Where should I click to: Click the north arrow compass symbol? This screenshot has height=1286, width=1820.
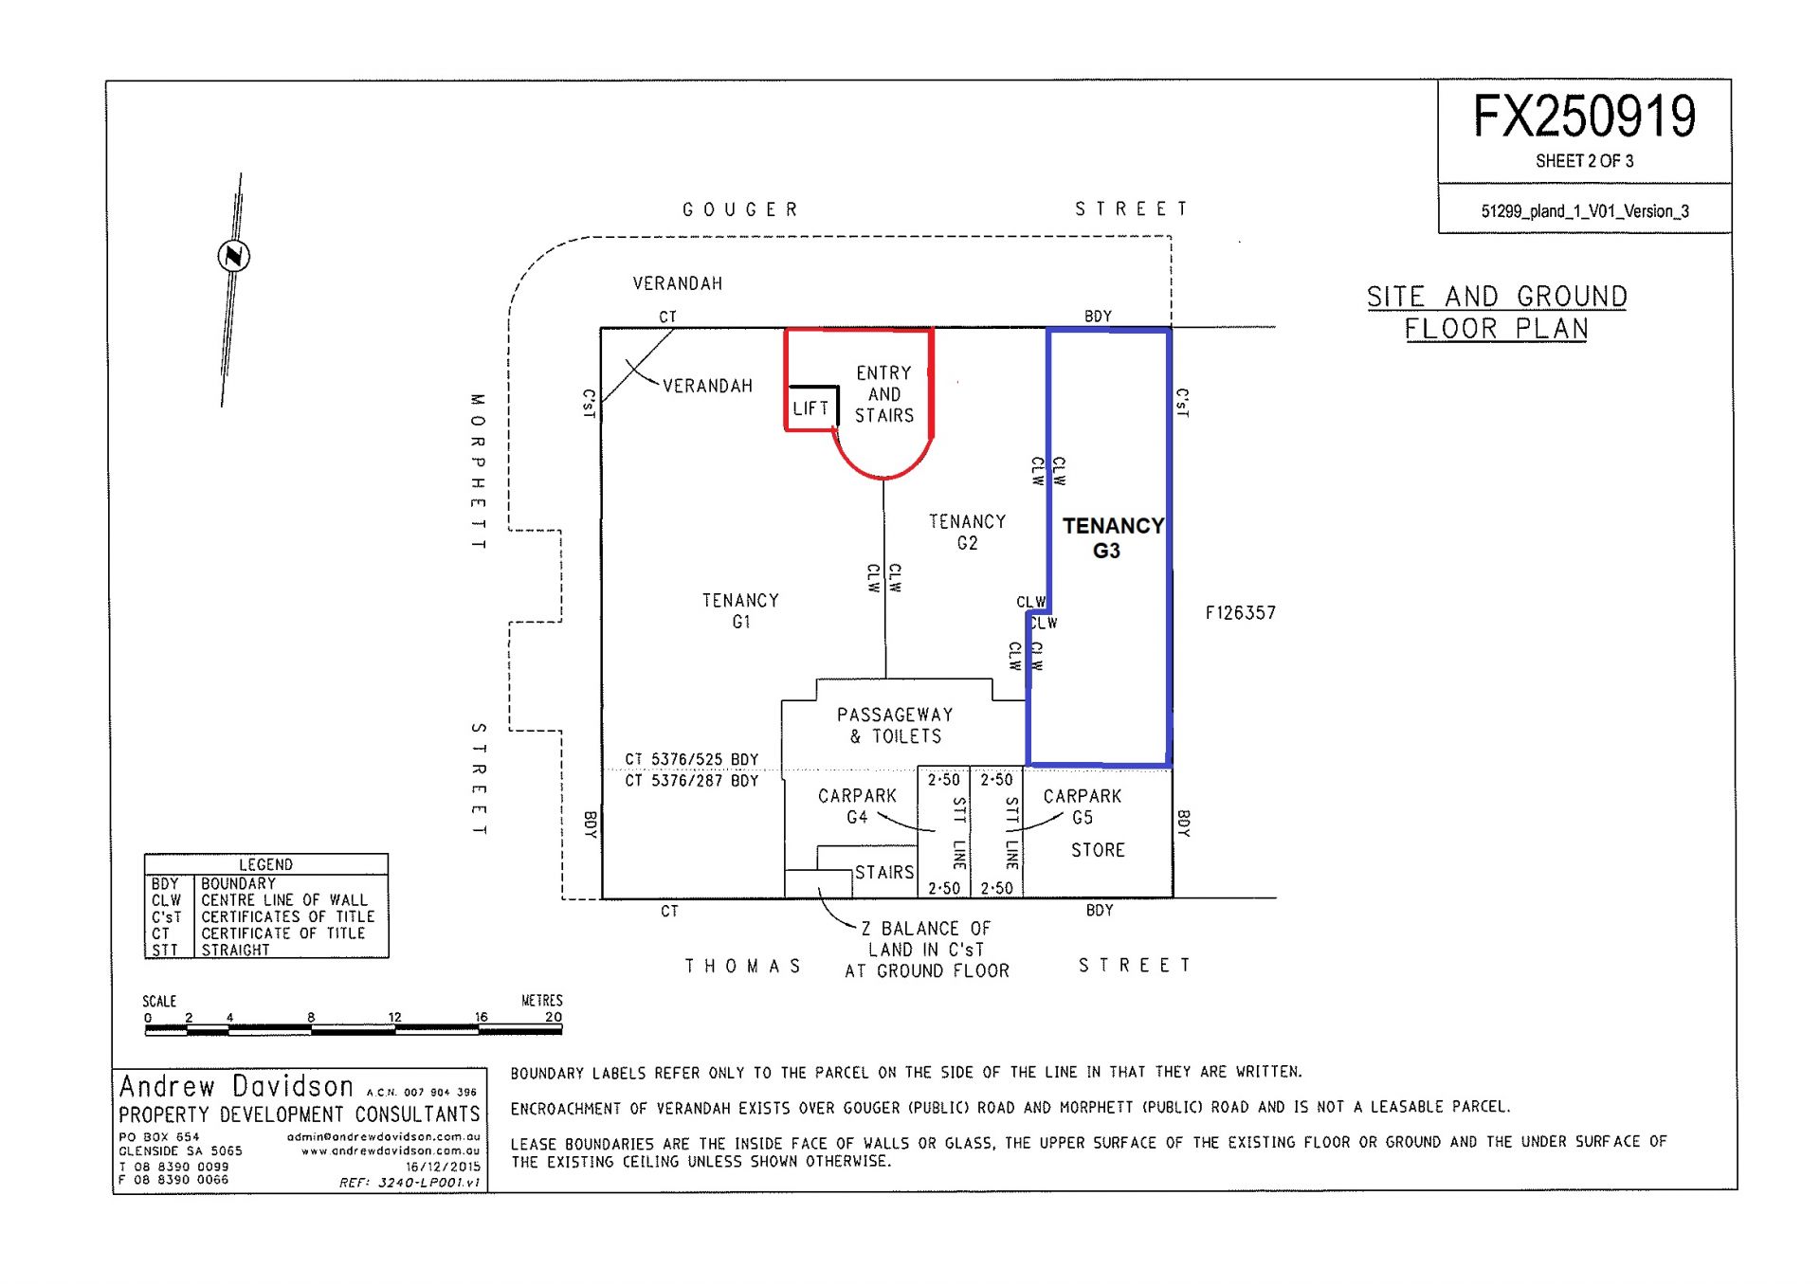(233, 256)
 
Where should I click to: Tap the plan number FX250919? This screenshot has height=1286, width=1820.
(1584, 118)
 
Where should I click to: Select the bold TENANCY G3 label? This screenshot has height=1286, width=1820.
(1113, 538)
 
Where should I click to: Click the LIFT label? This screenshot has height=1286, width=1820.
(810, 408)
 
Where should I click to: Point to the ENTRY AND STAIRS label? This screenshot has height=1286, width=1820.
(884, 394)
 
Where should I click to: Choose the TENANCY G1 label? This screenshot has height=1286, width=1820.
(740, 611)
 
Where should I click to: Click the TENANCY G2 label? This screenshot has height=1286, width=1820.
(967, 533)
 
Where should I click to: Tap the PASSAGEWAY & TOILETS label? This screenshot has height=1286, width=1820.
(895, 725)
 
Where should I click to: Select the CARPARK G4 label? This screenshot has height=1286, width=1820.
(857, 806)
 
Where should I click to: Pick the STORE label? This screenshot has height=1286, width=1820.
(1098, 850)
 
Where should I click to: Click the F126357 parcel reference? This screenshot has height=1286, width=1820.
(1241, 613)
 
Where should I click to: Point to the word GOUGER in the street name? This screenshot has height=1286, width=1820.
(740, 209)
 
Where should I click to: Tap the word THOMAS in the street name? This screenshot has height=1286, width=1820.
(744, 966)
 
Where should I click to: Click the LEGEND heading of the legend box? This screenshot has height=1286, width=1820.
(265, 864)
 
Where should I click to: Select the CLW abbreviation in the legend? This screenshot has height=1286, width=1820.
(166, 900)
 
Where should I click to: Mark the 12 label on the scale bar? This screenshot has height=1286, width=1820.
(394, 1017)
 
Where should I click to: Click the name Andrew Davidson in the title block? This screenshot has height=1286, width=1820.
(236, 1086)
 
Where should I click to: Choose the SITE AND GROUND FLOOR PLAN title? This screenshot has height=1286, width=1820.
(1497, 313)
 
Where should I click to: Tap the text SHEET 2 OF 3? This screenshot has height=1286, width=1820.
(1584, 161)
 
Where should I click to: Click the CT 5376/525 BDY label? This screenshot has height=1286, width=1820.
(691, 759)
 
